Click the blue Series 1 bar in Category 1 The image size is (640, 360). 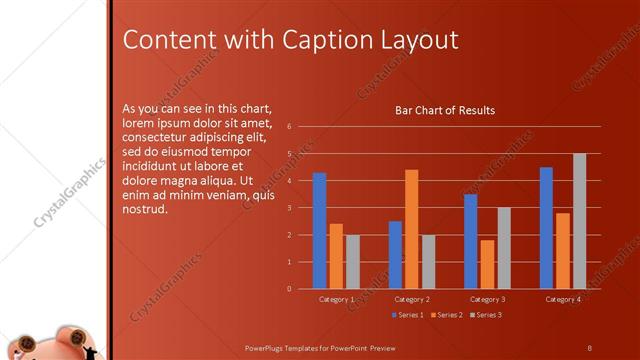[319, 231]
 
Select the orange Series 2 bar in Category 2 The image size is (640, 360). [412, 229]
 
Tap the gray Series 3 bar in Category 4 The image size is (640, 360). [580, 221]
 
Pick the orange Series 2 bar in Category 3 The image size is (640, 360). [487, 264]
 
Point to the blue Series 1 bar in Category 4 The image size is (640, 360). [546, 228]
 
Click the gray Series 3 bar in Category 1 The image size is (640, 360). [353, 262]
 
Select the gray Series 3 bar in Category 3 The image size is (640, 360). [504, 248]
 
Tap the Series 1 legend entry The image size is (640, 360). [407, 315]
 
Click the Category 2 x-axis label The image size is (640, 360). [412, 299]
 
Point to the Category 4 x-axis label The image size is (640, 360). [563, 299]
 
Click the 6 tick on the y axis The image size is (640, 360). [289, 127]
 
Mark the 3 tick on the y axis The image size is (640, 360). [289, 208]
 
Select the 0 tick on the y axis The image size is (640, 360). [289, 289]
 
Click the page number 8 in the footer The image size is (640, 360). [589, 347]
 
